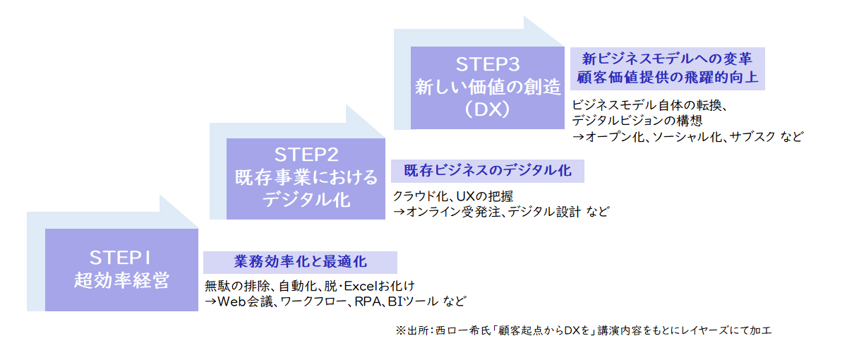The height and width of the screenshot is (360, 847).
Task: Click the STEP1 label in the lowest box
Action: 120,258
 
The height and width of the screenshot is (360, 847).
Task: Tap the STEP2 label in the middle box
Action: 306,155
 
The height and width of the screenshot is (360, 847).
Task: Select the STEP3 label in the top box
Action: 488,64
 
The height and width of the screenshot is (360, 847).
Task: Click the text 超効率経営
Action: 121,280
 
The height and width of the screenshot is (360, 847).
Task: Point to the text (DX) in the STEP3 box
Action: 488,109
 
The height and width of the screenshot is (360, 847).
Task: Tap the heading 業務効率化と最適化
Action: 300,262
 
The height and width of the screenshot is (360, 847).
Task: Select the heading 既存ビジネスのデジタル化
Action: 488,171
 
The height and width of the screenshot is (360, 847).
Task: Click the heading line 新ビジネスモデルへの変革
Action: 667,59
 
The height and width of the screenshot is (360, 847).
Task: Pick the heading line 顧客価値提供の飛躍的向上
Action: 668,77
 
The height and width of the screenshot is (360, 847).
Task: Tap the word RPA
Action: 367,301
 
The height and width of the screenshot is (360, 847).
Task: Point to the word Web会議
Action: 245,301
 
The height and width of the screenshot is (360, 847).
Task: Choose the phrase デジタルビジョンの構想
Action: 637,121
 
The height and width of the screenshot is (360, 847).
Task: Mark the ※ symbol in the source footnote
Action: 400,331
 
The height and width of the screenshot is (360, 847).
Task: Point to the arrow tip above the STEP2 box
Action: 384,137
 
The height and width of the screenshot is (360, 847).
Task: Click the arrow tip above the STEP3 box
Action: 563,46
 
